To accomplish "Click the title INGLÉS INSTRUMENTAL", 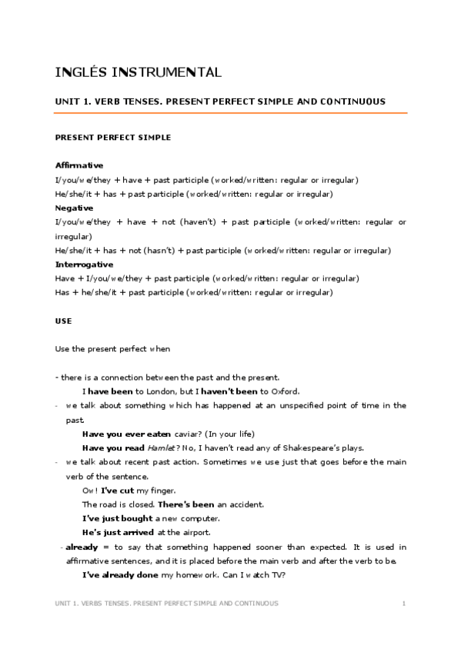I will point(139,73).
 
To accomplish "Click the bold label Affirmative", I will point(79,165).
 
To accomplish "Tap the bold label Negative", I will point(74,208).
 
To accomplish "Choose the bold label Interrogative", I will point(84,264).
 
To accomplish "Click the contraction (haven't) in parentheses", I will point(199,221).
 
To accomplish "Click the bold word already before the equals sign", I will point(81,547).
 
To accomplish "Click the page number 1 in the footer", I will point(403,604).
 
